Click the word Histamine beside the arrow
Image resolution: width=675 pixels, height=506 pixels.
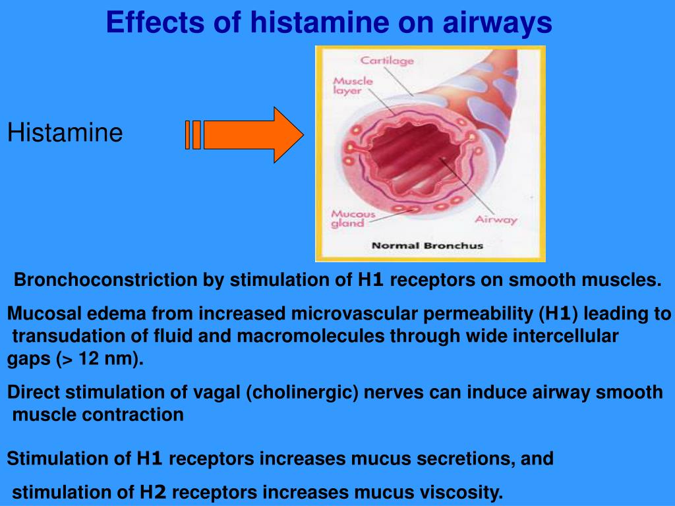[65, 133]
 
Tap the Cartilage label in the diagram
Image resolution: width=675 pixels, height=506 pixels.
[387, 61]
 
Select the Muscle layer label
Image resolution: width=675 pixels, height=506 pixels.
[353, 86]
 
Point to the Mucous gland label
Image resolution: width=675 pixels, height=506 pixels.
[353, 219]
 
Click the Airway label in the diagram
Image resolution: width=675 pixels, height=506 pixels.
[496, 219]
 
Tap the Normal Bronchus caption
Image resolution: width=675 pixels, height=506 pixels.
[427, 246]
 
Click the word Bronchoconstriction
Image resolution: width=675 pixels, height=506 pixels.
[105, 280]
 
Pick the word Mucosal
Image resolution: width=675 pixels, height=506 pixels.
[38, 314]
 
